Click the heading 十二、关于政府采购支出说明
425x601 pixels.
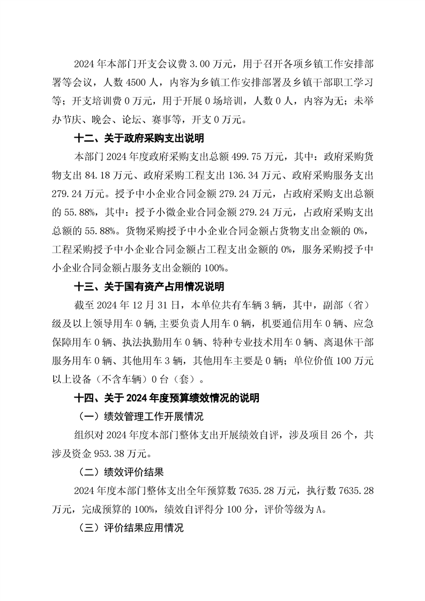138,139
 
